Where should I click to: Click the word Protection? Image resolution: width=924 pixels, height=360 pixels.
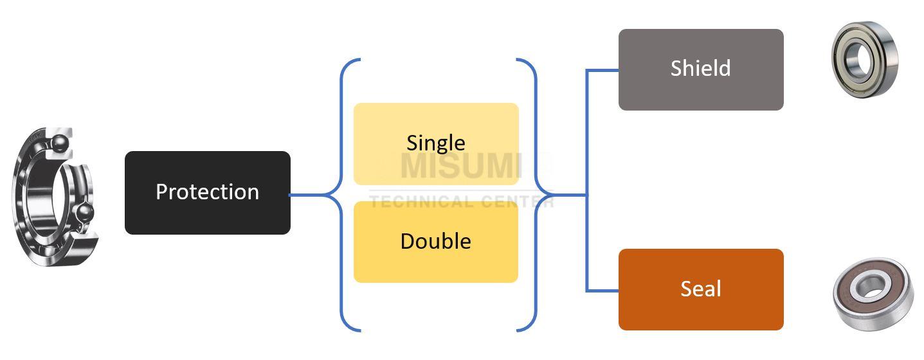[x=207, y=192]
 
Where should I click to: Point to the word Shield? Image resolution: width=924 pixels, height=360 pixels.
[x=700, y=68]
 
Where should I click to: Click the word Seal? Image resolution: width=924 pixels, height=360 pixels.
[x=700, y=289]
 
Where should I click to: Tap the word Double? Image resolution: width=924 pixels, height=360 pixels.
[x=436, y=241]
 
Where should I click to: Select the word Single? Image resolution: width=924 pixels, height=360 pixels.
[x=436, y=143]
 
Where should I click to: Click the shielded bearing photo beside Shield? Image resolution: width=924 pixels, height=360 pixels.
[x=864, y=59]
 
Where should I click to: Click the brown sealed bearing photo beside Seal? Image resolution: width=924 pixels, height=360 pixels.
[x=873, y=293]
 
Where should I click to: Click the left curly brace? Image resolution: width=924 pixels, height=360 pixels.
[x=341, y=194]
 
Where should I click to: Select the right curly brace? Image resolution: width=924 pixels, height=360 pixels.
[x=535, y=194]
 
